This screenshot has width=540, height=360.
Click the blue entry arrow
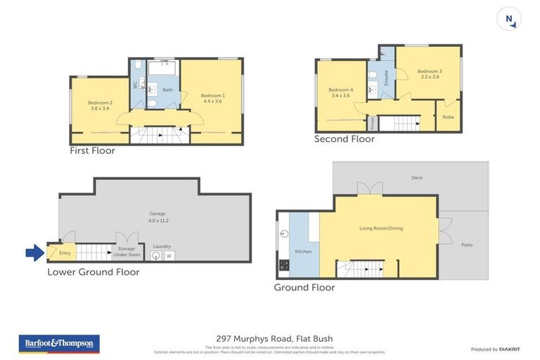click(34, 252)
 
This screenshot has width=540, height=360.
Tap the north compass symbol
click(508, 19)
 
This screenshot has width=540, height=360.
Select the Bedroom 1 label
click(212, 98)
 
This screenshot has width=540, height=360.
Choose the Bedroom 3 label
click(430, 74)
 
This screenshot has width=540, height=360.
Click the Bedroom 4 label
click(340, 92)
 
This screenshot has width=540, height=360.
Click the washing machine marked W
click(169, 256)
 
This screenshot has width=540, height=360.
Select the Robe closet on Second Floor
click(448, 117)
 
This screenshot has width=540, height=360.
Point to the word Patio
click(466, 245)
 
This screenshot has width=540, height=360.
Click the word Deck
click(417, 178)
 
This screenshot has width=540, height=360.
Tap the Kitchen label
click(303, 251)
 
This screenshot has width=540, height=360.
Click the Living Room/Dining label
click(380, 228)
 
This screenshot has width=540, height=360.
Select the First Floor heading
click(92, 150)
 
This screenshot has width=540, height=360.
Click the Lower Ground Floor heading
click(93, 271)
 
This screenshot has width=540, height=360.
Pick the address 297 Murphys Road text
click(270, 337)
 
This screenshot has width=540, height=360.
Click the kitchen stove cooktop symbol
click(284, 265)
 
